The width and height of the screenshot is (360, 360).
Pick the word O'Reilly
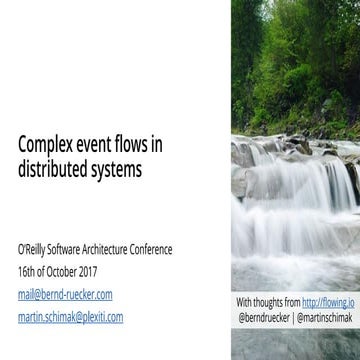(35, 249)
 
